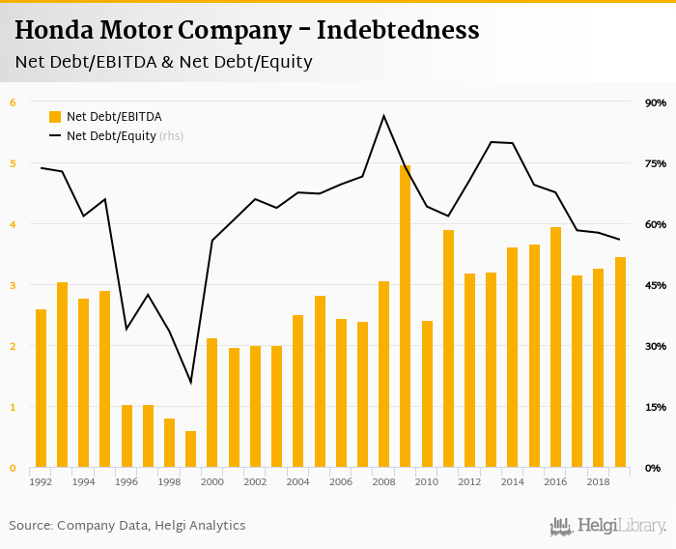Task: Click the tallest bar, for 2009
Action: click(406, 317)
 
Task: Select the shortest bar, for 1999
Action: click(191, 449)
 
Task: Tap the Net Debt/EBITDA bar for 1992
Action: click(41, 389)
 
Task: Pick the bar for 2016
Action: click(555, 348)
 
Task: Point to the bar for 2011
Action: click(448, 349)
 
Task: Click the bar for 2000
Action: click(212, 403)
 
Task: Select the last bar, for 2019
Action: click(620, 362)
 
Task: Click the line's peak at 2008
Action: click(384, 116)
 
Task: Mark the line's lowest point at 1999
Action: click(191, 383)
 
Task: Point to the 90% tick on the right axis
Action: click(655, 102)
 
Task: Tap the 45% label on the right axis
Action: click(655, 285)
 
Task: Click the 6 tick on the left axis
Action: click(13, 102)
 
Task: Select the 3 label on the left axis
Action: click(13, 285)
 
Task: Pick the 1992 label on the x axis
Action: click(41, 481)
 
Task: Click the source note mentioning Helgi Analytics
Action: click(127, 526)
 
